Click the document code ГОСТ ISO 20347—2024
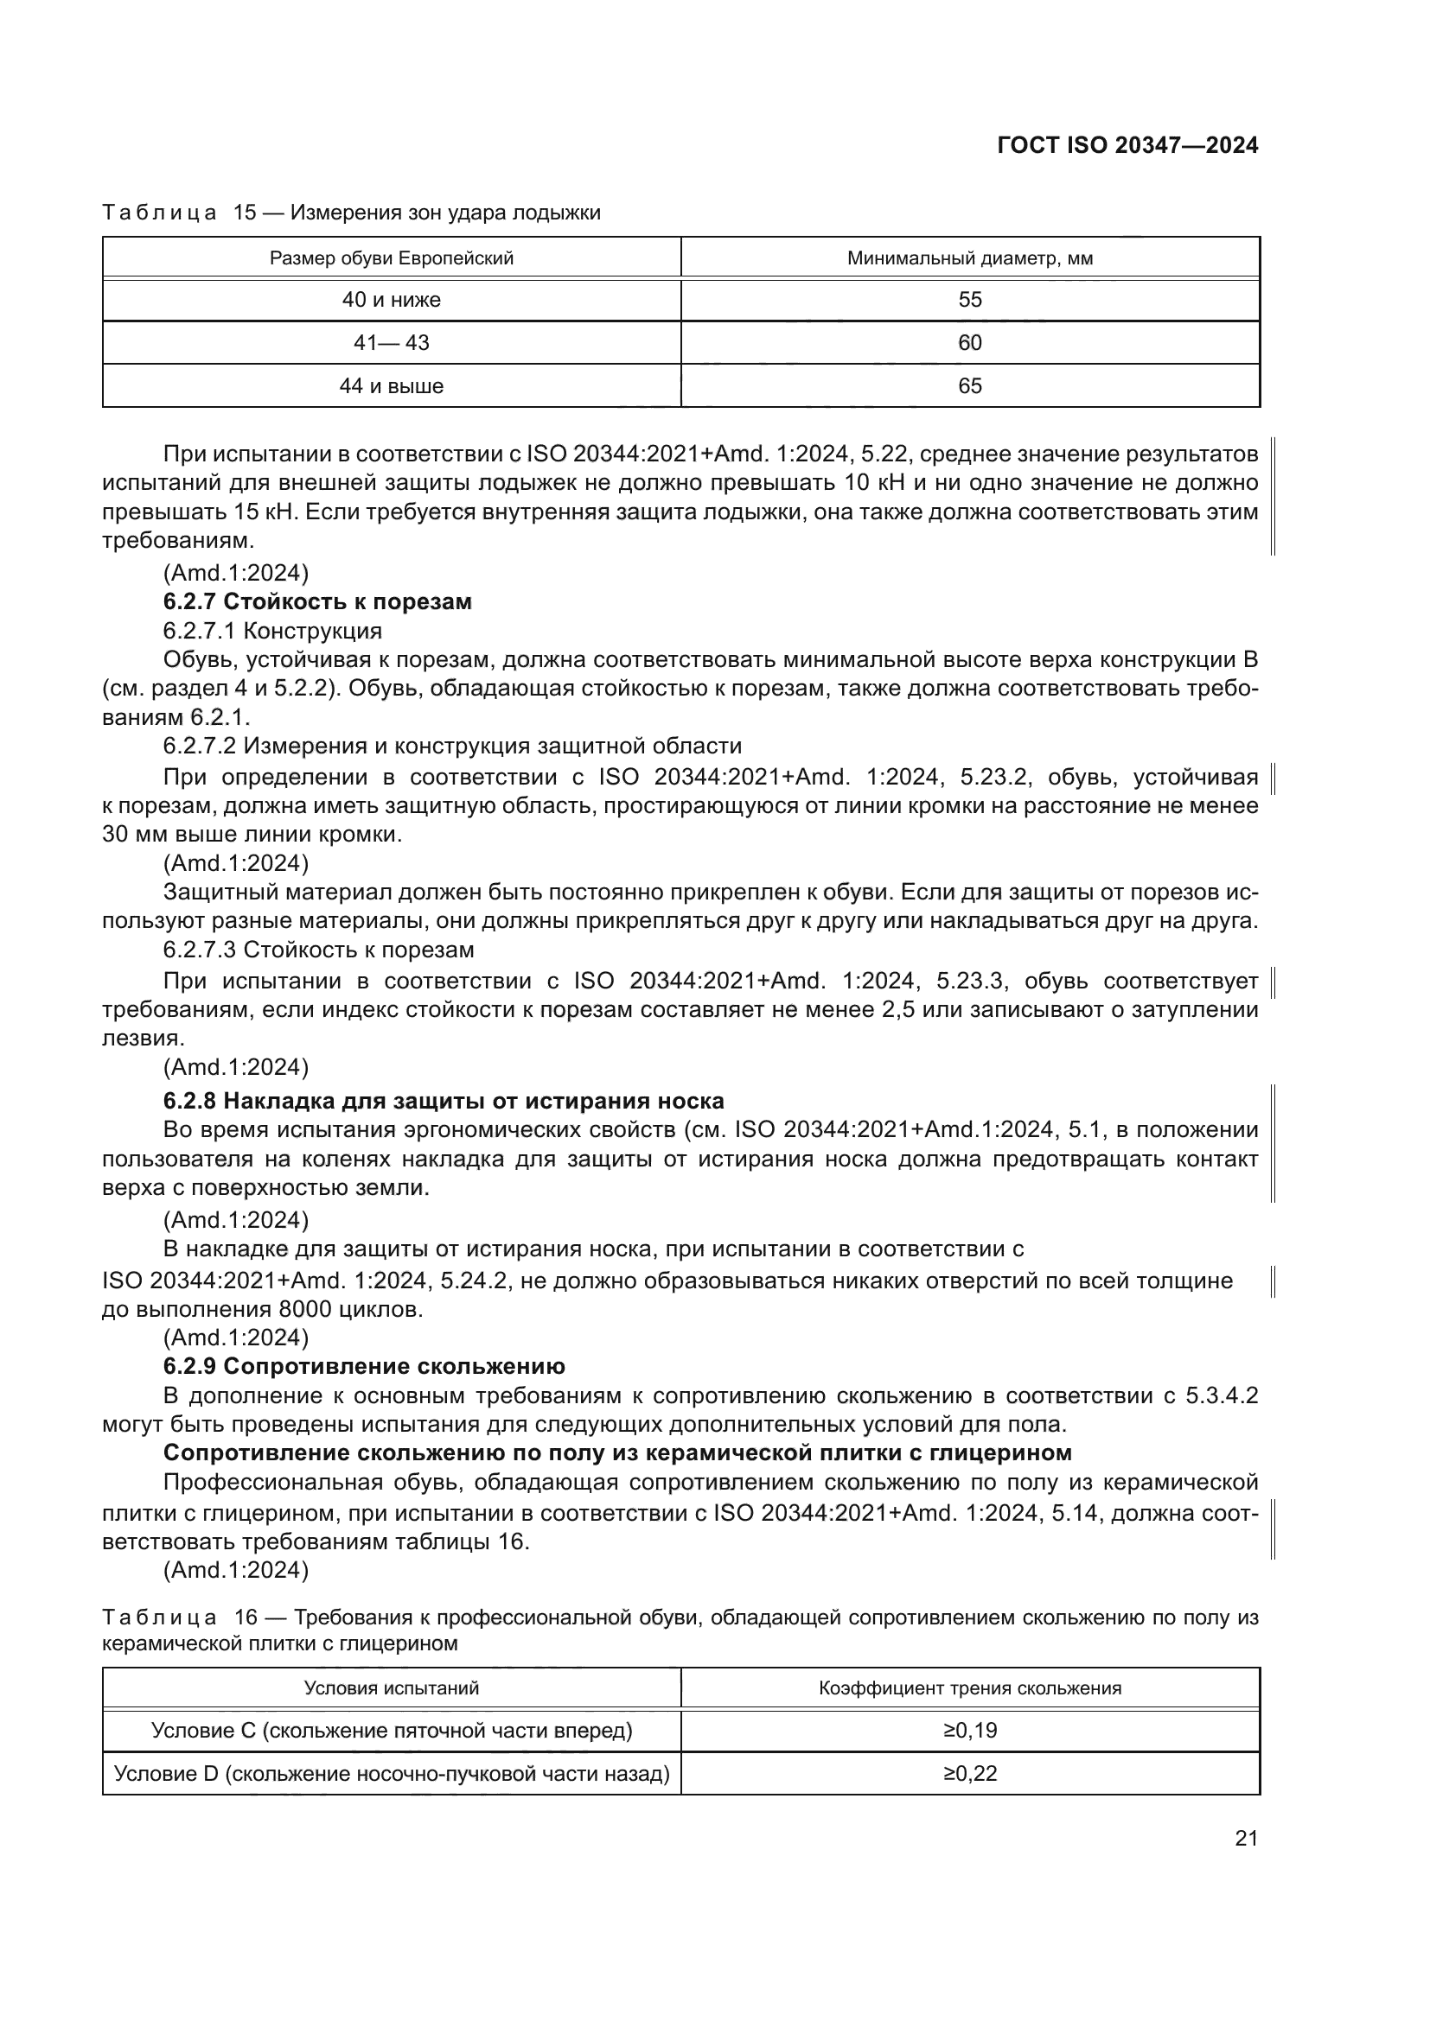[1127, 145]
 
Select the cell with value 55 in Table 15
[969, 300]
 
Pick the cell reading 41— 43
[391, 343]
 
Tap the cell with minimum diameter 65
[969, 386]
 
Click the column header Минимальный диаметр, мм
[969, 259]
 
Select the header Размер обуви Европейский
[391, 259]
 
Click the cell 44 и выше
[391, 386]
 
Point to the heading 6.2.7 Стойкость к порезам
[317, 602]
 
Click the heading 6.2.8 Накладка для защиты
[443, 1101]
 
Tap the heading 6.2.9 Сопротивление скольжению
[364, 1366]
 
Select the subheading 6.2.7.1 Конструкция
[272, 631]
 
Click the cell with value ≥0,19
[969, 1731]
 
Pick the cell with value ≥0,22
[969, 1774]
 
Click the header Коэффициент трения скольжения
[969, 1688]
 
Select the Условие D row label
[391, 1774]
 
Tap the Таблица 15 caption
[350, 213]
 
